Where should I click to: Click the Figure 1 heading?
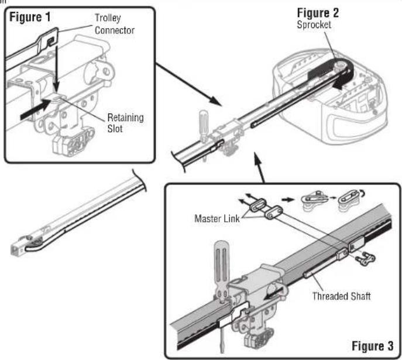click(30, 17)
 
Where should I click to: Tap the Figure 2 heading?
click(318, 13)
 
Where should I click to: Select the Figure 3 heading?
click(373, 346)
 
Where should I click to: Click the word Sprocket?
click(314, 25)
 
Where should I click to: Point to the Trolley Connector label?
click(115, 24)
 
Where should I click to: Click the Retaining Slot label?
click(125, 123)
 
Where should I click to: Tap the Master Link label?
click(217, 219)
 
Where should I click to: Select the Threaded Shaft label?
click(342, 296)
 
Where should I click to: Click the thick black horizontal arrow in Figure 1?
click(35, 109)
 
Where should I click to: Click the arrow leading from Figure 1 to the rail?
click(188, 84)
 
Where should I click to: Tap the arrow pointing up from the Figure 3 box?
click(259, 167)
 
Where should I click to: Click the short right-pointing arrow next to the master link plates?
click(287, 199)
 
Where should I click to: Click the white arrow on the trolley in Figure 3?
click(274, 294)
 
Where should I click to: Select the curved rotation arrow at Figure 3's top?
click(362, 193)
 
